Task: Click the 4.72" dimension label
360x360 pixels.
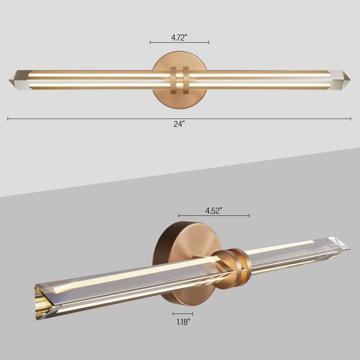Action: pyautogui.click(x=179, y=36)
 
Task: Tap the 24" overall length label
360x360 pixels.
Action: pyautogui.click(x=179, y=124)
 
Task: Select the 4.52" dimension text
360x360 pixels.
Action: pyautogui.click(x=214, y=210)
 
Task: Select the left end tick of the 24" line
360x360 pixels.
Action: pyautogui.click(x=8, y=119)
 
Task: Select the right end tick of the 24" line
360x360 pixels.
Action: pyautogui.click(x=351, y=119)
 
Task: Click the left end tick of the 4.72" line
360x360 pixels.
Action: pyautogui.click(x=150, y=43)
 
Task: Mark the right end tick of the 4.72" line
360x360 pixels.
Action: pyautogui.click(x=209, y=43)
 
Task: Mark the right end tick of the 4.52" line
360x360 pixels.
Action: pyautogui.click(x=249, y=216)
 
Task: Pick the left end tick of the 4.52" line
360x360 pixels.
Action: pyautogui.click(x=179, y=216)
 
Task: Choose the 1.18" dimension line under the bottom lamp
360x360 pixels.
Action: pyautogui.click(x=182, y=314)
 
